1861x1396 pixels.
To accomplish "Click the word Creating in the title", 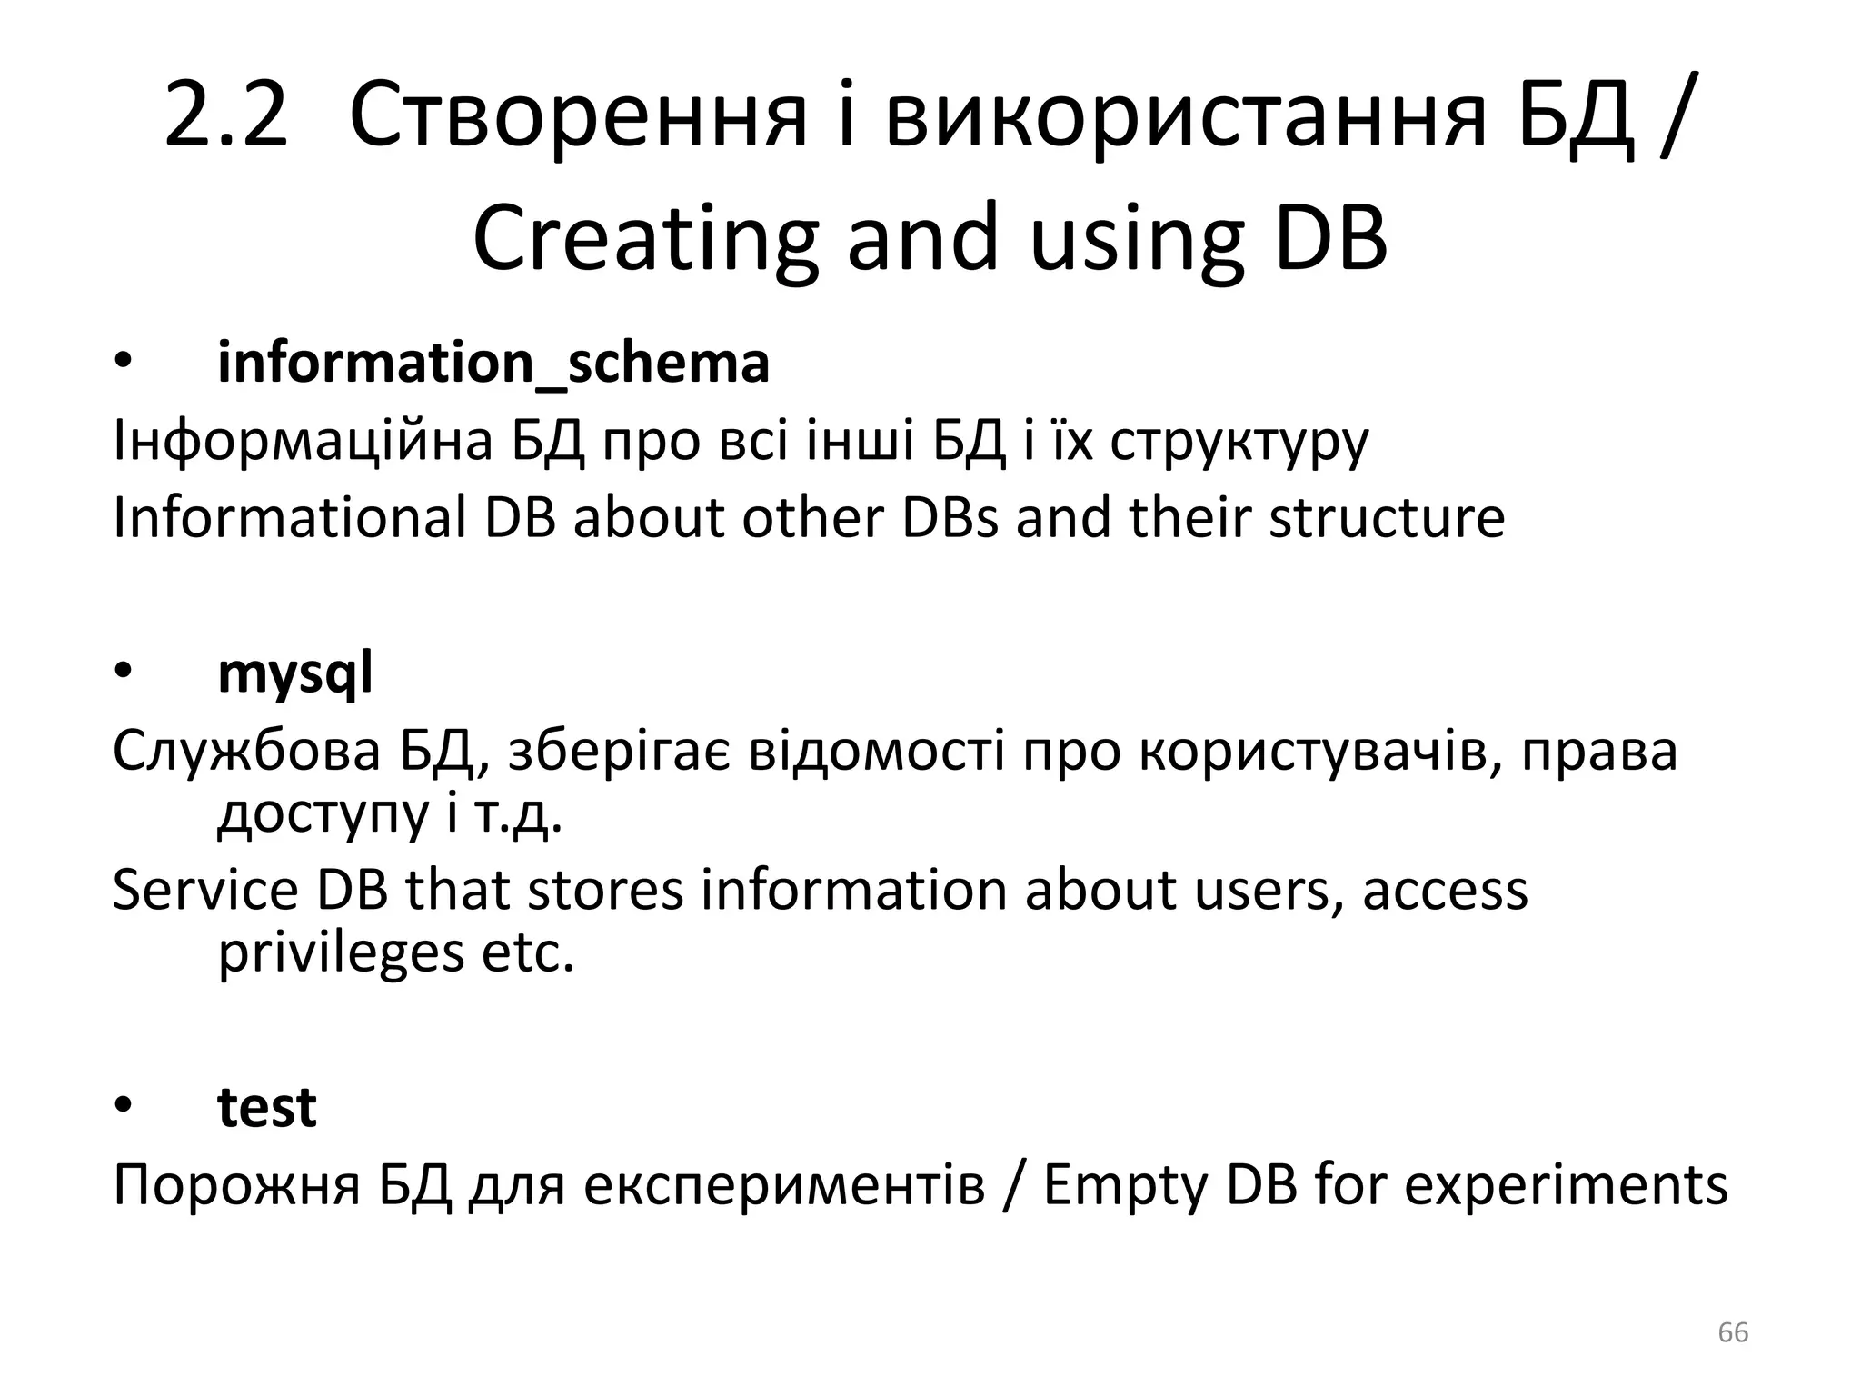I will click(645, 239).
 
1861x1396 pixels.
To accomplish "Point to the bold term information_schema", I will click(493, 363).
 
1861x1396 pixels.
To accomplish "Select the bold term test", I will click(267, 1107).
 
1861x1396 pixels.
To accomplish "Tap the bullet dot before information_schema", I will click(124, 363).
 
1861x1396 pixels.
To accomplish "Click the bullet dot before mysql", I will click(124, 673).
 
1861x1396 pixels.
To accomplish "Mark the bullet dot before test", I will click(124, 1106).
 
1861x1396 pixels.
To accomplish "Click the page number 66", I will click(1733, 1332).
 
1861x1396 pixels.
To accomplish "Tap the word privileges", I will click(341, 953).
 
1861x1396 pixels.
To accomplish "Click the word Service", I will click(204, 890).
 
